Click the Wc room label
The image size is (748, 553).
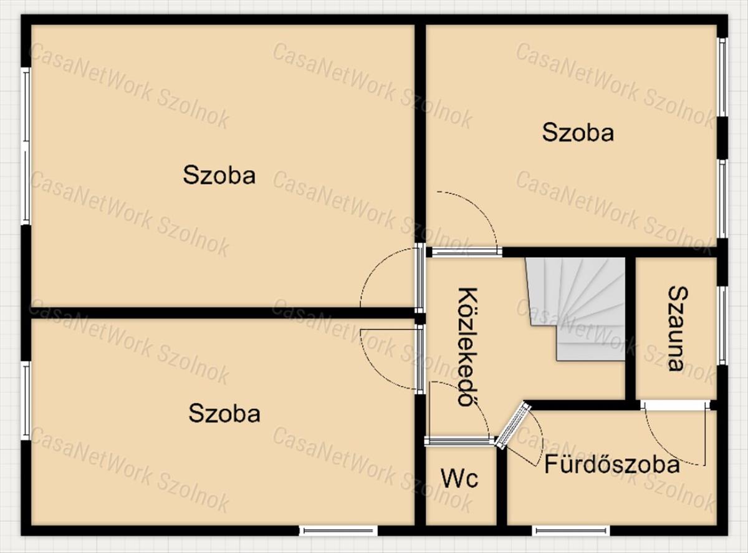click(x=459, y=478)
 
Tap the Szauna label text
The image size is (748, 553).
click(x=678, y=329)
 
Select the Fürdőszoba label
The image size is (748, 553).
click(x=611, y=464)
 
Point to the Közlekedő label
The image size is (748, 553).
click(x=468, y=346)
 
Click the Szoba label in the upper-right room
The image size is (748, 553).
click(x=578, y=132)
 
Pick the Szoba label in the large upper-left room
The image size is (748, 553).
click(x=219, y=175)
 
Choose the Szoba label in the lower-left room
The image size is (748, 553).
click(x=224, y=413)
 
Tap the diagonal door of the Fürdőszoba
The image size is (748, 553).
click(x=513, y=425)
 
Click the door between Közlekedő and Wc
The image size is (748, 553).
click(x=459, y=441)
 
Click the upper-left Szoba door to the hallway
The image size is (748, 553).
click(x=420, y=278)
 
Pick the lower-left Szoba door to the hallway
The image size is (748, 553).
click(x=420, y=360)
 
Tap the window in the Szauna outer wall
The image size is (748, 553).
click(x=722, y=326)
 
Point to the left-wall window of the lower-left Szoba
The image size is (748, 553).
click(x=26, y=401)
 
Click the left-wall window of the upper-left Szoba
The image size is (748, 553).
click(x=26, y=146)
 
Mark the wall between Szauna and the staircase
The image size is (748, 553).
click(x=630, y=329)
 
